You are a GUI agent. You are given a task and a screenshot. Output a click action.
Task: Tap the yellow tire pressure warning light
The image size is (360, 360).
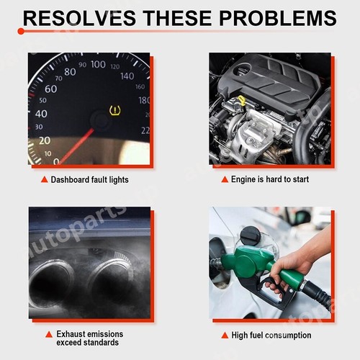[x=114, y=111]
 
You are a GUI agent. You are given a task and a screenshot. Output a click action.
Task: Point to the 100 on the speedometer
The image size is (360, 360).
[x=97, y=65]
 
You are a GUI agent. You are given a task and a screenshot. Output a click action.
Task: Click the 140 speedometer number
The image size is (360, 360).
[x=127, y=76]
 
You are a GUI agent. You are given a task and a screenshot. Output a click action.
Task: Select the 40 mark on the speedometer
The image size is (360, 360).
[x=41, y=114]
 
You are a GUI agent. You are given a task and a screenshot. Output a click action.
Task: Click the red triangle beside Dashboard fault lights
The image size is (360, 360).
[x=45, y=179]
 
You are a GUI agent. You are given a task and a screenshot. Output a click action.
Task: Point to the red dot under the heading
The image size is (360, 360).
[x=22, y=32]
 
